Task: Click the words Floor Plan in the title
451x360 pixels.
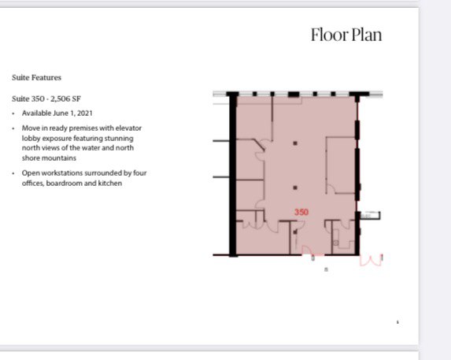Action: coord(346,35)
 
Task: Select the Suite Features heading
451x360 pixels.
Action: coord(36,77)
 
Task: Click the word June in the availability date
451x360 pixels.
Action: coord(60,113)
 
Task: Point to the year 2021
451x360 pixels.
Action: coord(85,113)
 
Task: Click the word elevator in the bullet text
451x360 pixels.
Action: coord(128,128)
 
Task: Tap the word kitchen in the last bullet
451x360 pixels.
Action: coord(110,183)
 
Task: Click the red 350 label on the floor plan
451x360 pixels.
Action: coord(301,213)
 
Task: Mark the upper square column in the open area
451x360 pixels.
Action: coord(295,143)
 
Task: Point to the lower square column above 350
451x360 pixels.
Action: coord(295,187)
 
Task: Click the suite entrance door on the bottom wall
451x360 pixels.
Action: coord(307,251)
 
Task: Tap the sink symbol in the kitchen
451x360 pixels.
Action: coord(335,243)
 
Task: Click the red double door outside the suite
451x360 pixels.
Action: coord(371,261)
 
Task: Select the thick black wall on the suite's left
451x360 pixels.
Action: coord(233,174)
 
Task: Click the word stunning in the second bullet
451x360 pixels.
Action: coord(119,138)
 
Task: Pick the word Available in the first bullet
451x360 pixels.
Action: coord(36,113)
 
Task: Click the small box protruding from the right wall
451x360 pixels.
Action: coord(371,215)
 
